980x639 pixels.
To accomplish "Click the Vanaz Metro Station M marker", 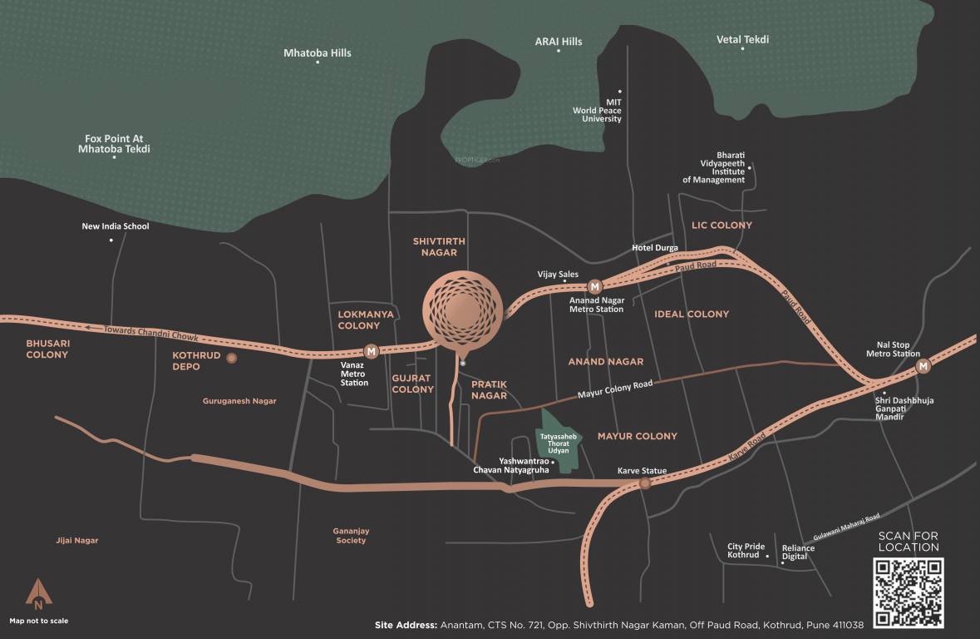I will click(372, 351).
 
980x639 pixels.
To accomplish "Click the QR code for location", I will click(908, 592).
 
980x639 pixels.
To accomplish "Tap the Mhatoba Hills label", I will click(318, 52).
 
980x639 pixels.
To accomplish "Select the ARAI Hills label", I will click(559, 42).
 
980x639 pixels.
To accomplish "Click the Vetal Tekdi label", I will click(742, 39).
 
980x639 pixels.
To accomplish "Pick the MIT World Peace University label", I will click(597, 111).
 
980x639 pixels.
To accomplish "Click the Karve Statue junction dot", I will click(644, 483).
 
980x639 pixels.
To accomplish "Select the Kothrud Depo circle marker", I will click(232, 358).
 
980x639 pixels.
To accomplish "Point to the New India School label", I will click(116, 226).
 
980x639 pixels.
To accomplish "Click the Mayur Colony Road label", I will click(615, 389).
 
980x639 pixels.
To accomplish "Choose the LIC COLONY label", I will click(721, 225).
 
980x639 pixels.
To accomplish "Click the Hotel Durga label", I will click(655, 248).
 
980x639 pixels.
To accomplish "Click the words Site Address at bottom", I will click(406, 625).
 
